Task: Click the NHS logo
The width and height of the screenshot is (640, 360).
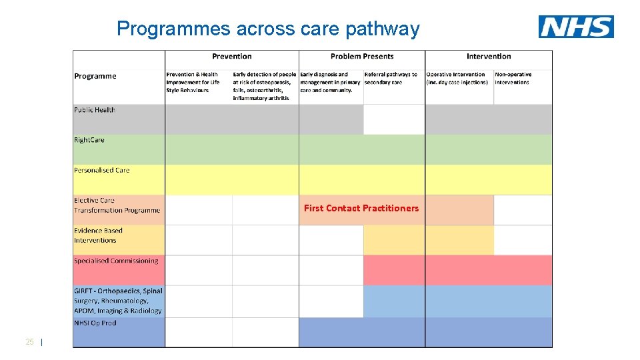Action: (x=576, y=27)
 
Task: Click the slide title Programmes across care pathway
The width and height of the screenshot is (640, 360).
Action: (x=268, y=29)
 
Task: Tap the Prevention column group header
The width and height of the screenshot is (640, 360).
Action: (x=231, y=57)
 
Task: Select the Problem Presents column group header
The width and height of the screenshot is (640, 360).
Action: (x=362, y=57)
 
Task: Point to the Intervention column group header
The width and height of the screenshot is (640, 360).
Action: (x=489, y=57)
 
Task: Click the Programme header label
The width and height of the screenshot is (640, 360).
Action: (x=95, y=76)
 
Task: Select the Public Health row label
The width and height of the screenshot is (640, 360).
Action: (x=95, y=110)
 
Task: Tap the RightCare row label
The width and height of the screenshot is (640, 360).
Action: (x=89, y=140)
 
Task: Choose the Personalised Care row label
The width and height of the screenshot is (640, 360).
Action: (x=102, y=170)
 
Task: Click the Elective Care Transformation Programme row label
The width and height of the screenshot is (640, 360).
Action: (x=117, y=205)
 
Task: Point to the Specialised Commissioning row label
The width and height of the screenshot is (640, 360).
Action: (x=116, y=261)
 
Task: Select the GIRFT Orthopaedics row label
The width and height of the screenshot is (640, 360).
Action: (x=118, y=301)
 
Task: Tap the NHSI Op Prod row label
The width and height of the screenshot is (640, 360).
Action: (x=95, y=323)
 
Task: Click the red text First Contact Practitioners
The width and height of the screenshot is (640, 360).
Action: (x=361, y=209)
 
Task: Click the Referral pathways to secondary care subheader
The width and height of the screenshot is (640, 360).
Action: (x=391, y=79)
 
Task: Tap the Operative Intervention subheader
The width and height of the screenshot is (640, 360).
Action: (x=457, y=79)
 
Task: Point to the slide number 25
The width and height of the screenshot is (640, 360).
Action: (x=29, y=342)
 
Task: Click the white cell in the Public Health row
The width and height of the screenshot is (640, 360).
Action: (x=394, y=119)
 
